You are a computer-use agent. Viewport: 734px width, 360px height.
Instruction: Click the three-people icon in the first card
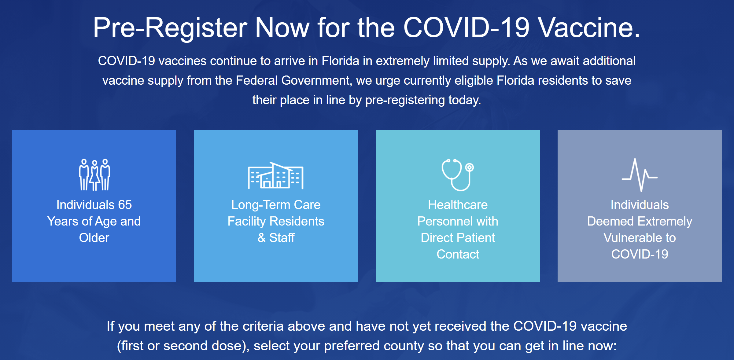(94, 175)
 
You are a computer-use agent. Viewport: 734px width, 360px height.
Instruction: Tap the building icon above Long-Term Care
(276, 175)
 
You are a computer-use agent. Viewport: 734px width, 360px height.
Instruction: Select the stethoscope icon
(458, 175)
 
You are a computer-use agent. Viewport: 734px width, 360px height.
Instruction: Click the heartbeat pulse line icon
(640, 175)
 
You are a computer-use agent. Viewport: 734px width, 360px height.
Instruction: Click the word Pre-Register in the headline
(170, 28)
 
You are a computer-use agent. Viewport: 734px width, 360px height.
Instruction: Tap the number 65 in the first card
(125, 205)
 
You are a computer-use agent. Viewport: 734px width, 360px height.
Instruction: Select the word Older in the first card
(94, 238)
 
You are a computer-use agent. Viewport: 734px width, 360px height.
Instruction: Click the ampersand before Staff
(261, 238)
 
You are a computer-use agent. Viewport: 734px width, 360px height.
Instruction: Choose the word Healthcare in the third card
(458, 205)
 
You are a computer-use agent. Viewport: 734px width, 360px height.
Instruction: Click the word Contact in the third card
(458, 254)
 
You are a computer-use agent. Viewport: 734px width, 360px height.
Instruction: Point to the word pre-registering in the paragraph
(405, 100)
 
